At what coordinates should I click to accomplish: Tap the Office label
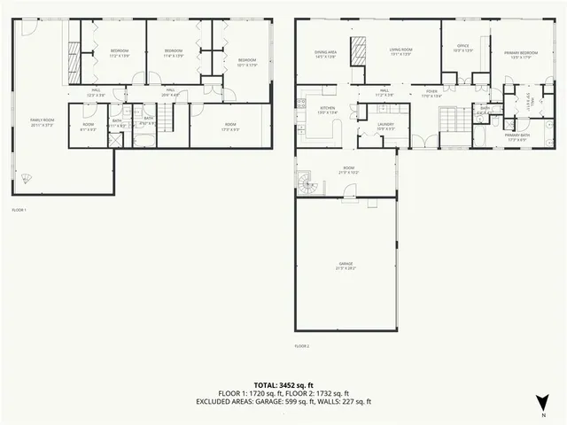pos(462,48)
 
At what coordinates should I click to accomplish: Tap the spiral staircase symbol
pos(307,184)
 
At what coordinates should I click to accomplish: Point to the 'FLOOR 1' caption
pos(19,210)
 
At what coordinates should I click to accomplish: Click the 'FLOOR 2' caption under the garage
pos(302,345)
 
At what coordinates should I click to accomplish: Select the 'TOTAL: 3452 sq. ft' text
pos(283,384)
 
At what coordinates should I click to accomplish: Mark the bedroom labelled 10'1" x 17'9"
pos(245,62)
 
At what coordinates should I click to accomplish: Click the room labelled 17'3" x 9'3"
pos(229,127)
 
